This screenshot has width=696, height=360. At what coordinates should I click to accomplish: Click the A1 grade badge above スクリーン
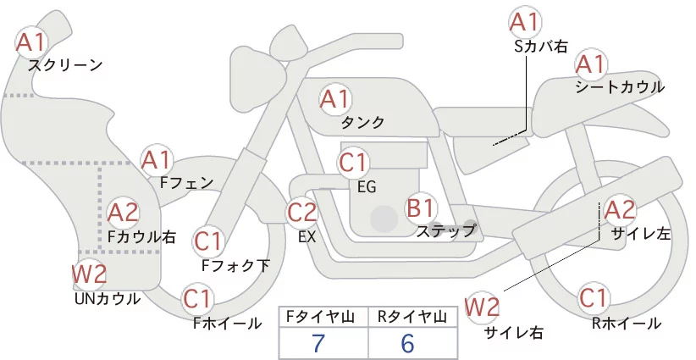point(31,42)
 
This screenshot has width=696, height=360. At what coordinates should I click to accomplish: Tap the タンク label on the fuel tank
point(362,123)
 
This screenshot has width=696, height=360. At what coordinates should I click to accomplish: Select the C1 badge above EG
point(353,163)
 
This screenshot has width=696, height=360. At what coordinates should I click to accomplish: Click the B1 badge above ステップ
point(420,208)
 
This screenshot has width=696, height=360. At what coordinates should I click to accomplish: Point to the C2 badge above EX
point(302,212)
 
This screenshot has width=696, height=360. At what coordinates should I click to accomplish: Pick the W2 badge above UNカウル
point(89,274)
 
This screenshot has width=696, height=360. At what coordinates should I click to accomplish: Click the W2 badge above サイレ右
point(482,307)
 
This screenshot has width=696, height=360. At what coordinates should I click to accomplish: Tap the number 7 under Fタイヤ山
point(318,343)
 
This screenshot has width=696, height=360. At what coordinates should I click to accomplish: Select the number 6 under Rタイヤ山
point(407,343)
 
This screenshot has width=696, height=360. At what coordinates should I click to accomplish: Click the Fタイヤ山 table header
point(321,317)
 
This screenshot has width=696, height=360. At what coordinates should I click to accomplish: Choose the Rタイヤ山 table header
point(412,317)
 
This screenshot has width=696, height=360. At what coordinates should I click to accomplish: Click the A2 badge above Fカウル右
point(123,213)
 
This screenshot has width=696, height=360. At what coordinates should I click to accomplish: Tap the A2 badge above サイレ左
point(620,210)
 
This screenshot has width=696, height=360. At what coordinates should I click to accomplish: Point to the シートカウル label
point(620,87)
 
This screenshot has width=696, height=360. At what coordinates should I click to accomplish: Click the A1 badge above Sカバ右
point(525,22)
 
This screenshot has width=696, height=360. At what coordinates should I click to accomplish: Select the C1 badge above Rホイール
point(594,298)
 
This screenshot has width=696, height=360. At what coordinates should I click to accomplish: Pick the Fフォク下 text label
point(235,265)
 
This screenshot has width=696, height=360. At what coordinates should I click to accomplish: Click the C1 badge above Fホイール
point(197,300)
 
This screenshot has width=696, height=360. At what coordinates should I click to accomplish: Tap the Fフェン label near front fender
point(186,182)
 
